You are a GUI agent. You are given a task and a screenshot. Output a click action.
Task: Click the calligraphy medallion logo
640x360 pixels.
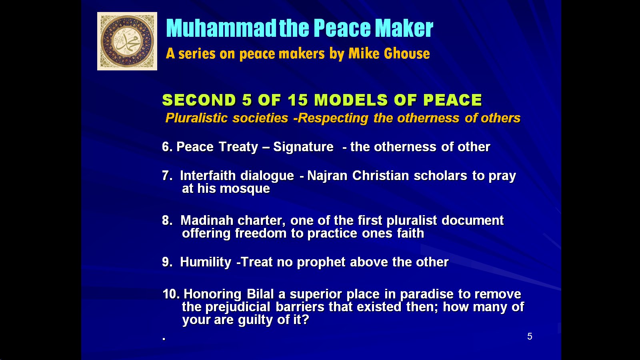[x=127, y=41]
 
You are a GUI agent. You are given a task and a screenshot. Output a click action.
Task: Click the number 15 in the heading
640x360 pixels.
[x=298, y=100]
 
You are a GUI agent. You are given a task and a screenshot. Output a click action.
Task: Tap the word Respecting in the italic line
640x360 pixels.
[x=333, y=118]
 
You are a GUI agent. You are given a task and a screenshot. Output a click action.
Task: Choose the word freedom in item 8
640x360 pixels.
[x=260, y=233]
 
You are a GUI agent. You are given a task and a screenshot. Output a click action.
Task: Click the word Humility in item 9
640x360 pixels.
[x=206, y=262]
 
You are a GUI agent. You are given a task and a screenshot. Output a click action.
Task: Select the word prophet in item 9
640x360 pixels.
[x=321, y=262]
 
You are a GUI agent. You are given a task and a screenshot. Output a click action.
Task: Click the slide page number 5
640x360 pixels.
[x=530, y=336]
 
